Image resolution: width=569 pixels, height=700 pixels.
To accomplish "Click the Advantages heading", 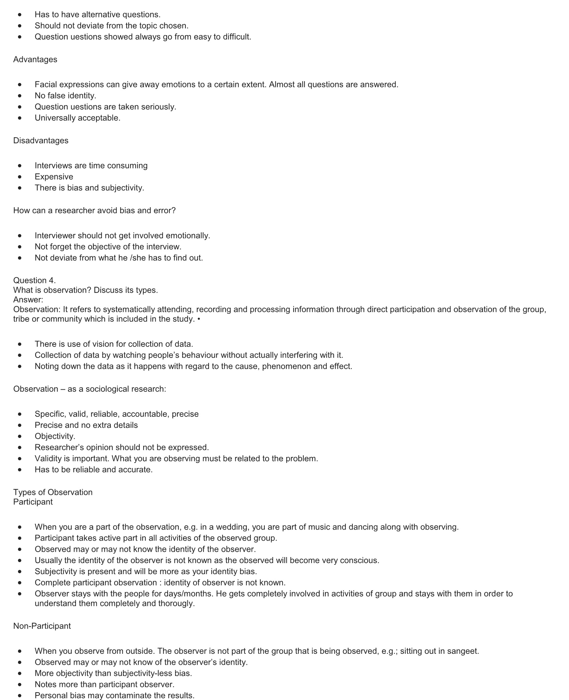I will [x=35, y=60].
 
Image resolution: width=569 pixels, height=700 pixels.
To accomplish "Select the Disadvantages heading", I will [x=40, y=141].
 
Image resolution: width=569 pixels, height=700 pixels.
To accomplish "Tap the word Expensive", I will [x=54, y=177].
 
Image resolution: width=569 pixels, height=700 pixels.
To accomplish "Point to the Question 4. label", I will [x=34, y=281].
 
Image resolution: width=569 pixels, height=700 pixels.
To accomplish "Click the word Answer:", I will [x=28, y=300].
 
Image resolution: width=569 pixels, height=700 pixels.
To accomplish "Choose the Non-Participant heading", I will [x=42, y=626].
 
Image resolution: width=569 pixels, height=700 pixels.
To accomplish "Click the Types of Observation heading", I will [x=53, y=492].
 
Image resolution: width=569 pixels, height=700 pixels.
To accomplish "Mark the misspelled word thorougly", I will [x=176, y=604].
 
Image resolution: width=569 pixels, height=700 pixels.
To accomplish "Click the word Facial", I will [x=46, y=85].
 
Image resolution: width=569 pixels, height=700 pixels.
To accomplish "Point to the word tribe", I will [x=21, y=319].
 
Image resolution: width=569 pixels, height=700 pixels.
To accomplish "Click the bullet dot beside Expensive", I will [x=20, y=177].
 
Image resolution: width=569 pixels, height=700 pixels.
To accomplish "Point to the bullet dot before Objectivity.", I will [x=20, y=437].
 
